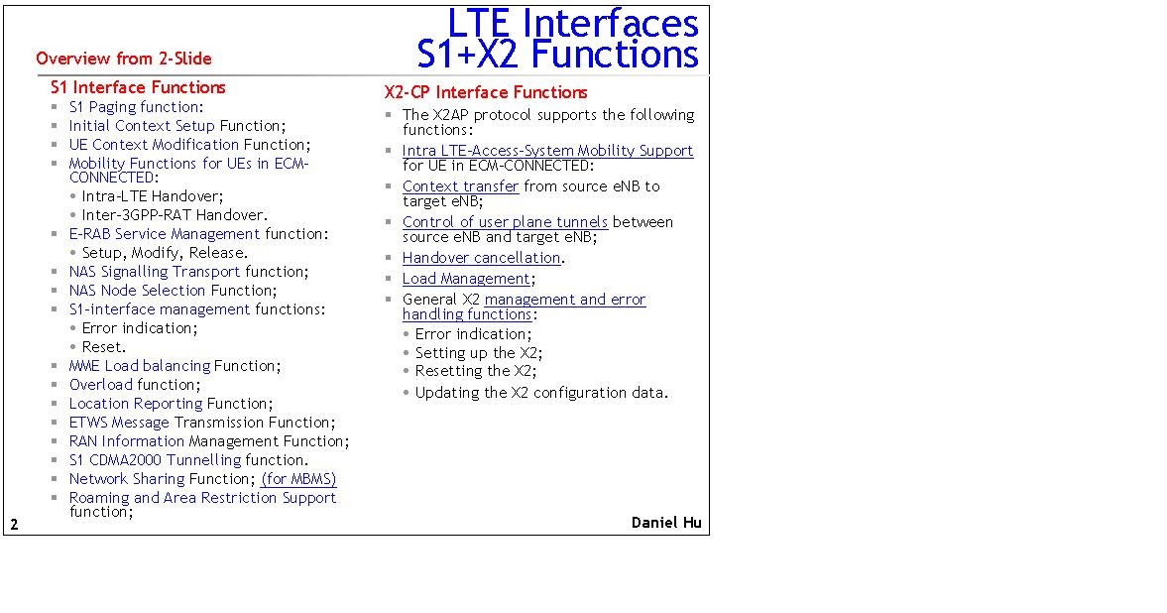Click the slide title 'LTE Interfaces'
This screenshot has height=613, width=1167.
pyautogui.click(x=572, y=22)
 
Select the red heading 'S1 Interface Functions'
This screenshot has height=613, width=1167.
pyautogui.click(x=138, y=87)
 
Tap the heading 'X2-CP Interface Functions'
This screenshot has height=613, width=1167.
pyautogui.click(x=486, y=92)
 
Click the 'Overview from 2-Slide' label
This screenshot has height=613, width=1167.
pyautogui.click(x=123, y=59)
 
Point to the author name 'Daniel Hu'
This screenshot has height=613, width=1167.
pyautogui.click(x=666, y=522)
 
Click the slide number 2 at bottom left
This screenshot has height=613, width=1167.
pyautogui.click(x=14, y=524)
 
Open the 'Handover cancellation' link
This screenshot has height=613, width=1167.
pyautogui.click(x=482, y=258)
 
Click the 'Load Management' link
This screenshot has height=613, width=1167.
pyautogui.click(x=466, y=279)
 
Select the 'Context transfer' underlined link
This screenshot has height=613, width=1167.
pyautogui.click(x=460, y=186)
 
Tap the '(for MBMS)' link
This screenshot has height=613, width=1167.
pyautogui.click(x=298, y=479)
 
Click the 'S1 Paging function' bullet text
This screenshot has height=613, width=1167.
pyautogui.click(x=135, y=107)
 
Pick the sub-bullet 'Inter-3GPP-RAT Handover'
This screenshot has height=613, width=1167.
pyautogui.click(x=175, y=214)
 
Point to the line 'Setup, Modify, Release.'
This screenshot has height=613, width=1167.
pyautogui.click(x=165, y=253)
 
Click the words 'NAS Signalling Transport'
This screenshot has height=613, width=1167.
pyautogui.click(x=155, y=272)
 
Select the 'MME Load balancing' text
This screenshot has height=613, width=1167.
pyautogui.click(x=139, y=366)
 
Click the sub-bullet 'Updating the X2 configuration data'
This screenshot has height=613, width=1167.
pyautogui.click(x=541, y=393)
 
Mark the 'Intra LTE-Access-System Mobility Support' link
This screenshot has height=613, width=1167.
pyautogui.click(x=547, y=151)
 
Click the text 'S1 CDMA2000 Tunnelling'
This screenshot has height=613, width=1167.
pyautogui.click(x=155, y=460)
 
